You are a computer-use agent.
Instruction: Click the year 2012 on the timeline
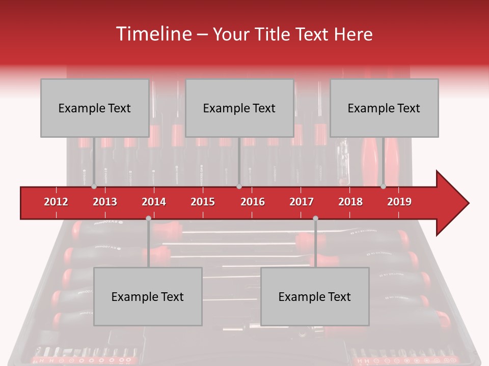tap(56, 202)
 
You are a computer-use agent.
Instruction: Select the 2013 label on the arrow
tap(105, 202)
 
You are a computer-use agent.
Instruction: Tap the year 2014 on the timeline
tap(154, 202)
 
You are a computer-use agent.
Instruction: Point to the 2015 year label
tap(203, 202)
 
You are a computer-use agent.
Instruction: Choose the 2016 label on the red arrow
tap(253, 202)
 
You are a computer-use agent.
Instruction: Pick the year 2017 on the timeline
tap(302, 202)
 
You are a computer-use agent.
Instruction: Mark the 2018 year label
tap(350, 202)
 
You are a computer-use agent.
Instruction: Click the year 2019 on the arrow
tap(399, 202)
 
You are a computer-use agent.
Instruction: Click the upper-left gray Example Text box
tap(95, 108)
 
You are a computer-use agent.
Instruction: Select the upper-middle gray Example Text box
tap(239, 108)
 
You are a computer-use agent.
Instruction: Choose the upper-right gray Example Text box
tap(384, 108)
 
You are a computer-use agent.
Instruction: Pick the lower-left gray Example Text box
tap(148, 296)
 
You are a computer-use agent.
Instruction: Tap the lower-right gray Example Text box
tap(315, 296)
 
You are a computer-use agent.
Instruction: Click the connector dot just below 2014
tap(148, 218)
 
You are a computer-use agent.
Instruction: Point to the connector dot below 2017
tap(315, 218)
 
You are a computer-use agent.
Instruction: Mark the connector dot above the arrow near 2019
tap(383, 187)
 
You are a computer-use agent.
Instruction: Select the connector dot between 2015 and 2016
tap(239, 187)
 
